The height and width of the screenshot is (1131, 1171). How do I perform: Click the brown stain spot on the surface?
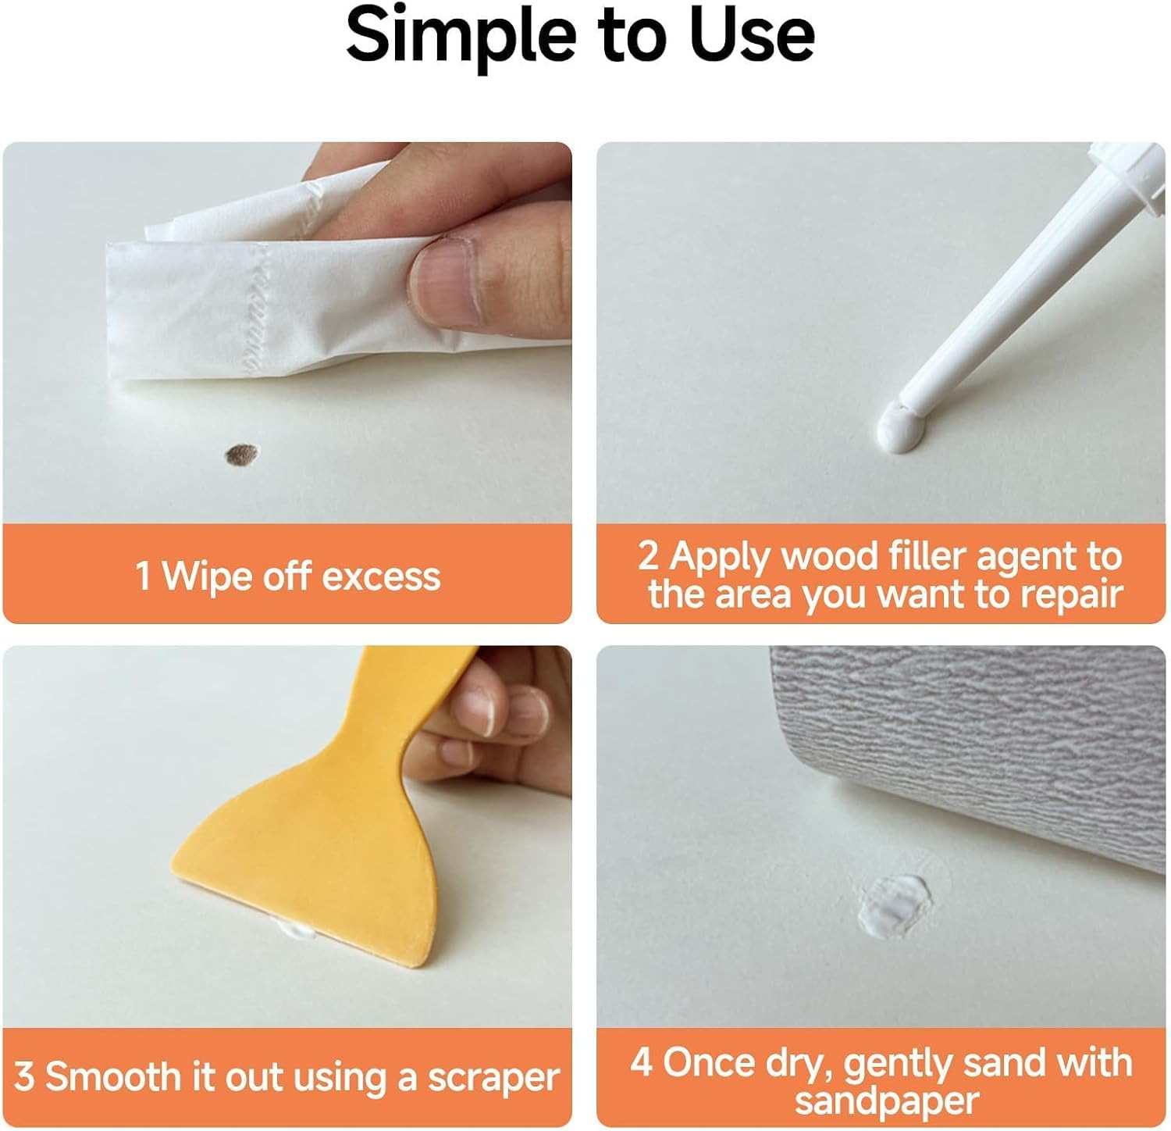click(x=242, y=454)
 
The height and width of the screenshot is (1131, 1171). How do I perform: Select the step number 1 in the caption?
click(x=142, y=576)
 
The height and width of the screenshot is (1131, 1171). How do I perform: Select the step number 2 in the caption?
click(x=648, y=556)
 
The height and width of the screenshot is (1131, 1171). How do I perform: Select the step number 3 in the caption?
click(x=24, y=1077)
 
